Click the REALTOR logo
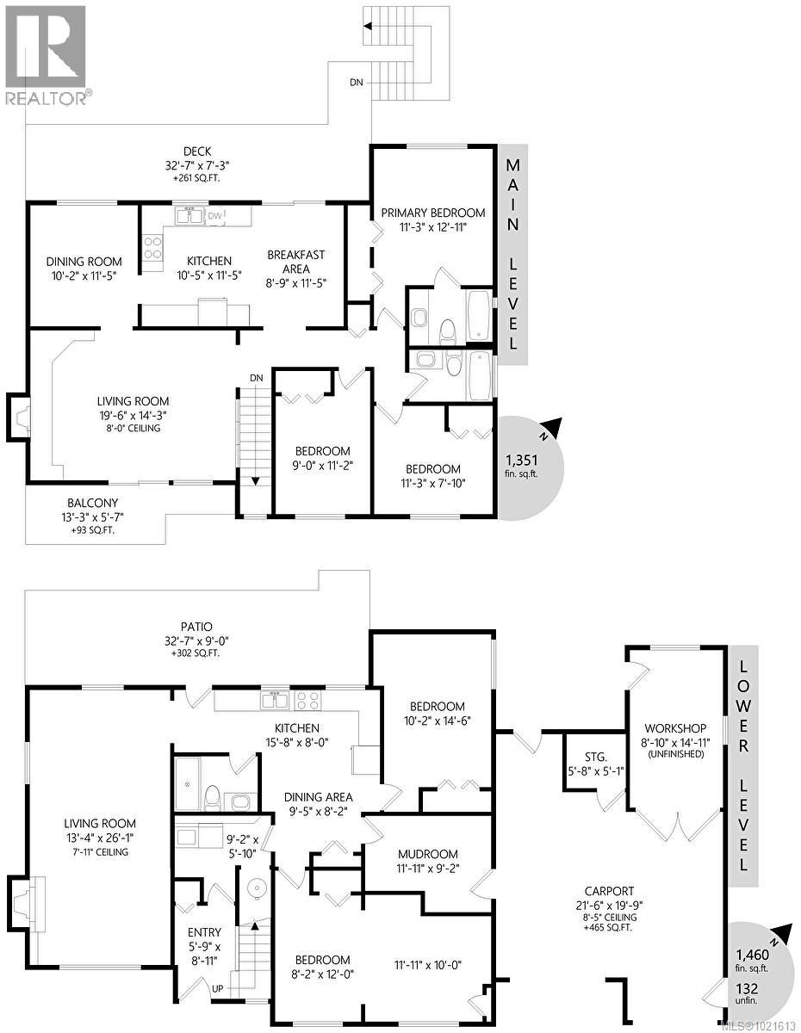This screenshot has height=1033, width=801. coord(45,53)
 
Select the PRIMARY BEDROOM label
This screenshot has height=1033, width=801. coord(433,213)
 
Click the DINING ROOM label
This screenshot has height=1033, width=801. coord(84,262)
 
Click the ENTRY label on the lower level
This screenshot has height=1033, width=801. coord(204,932)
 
